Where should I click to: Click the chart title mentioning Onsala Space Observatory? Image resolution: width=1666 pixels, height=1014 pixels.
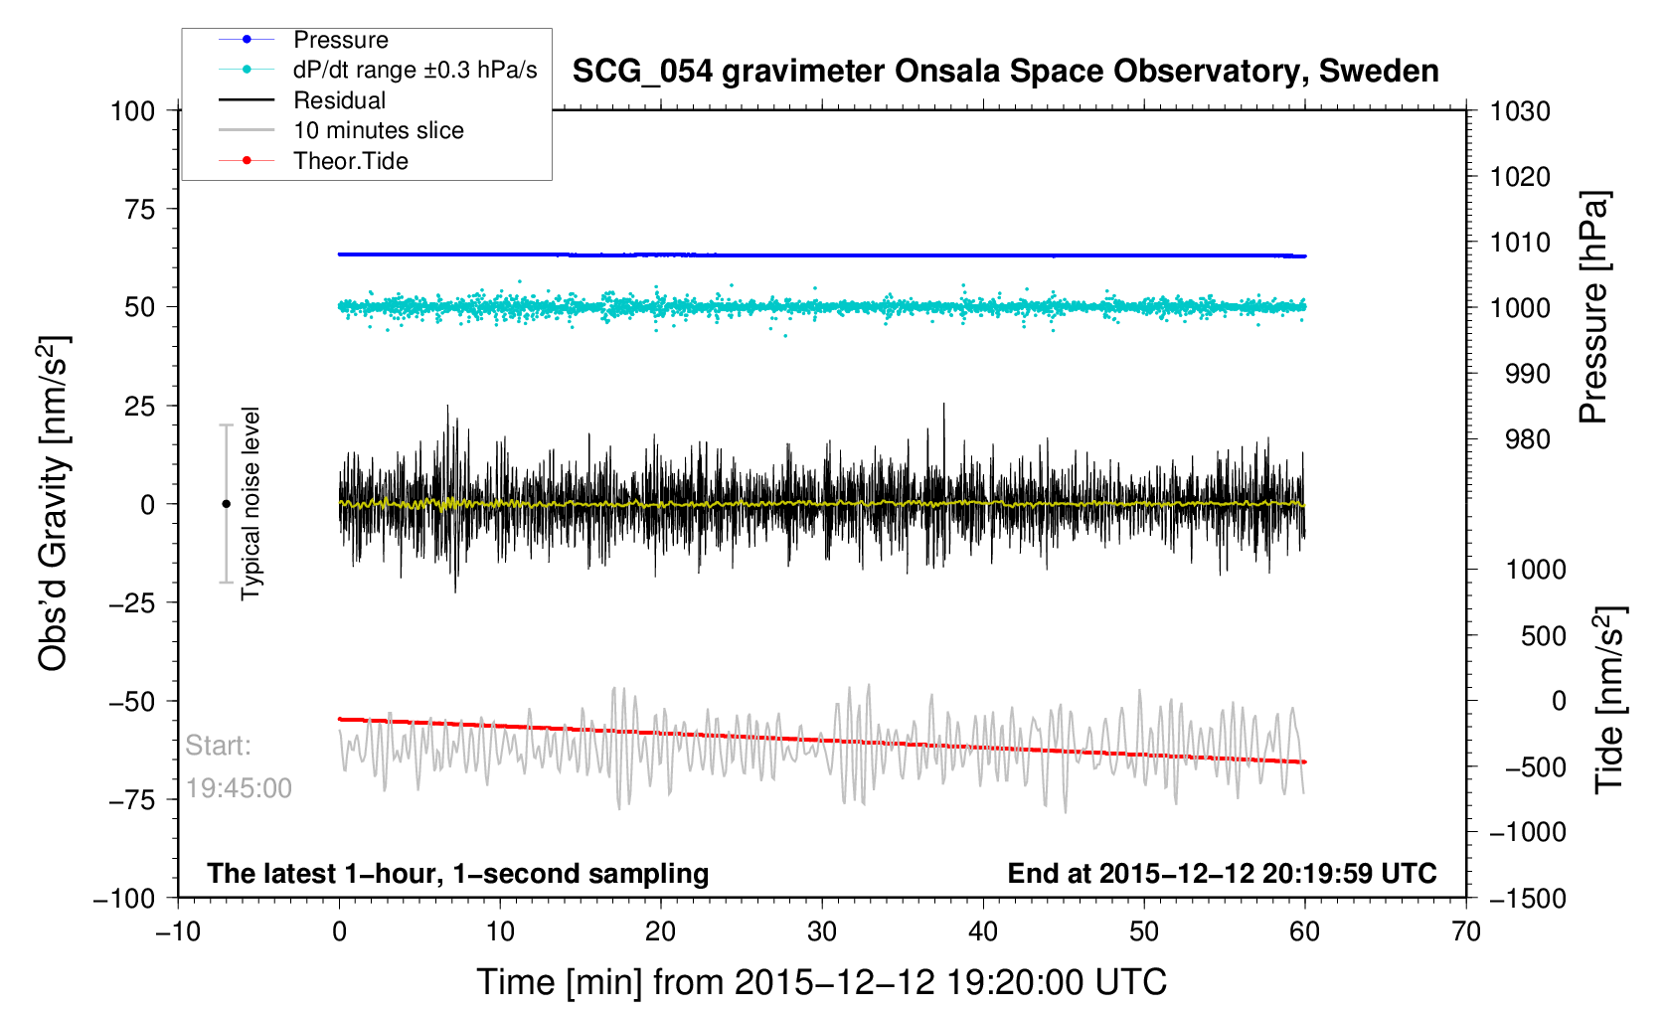click(1005, 72)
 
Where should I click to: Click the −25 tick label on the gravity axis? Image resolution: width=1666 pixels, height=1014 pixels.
click(131, 602)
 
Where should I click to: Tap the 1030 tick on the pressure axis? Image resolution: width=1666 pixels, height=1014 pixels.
click(1520, 111)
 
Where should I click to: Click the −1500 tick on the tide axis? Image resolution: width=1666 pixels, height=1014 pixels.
click(1528, 898)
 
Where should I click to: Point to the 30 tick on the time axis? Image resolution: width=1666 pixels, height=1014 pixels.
click(822, 931)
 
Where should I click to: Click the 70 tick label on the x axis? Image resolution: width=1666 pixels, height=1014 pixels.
click(1466, 931)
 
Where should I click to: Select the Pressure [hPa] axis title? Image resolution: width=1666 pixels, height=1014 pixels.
click(1593, 308)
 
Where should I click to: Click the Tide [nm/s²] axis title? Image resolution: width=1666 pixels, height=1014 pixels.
click(1608, 700)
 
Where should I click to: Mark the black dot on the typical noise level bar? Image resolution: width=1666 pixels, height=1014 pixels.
click(226, 504)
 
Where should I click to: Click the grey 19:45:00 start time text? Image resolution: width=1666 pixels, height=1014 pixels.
click(239, 788)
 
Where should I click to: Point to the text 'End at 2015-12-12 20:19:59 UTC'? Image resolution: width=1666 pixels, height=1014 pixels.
click(1222, 874)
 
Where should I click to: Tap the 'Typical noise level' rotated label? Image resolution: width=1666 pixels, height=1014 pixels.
click(251, 504)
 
